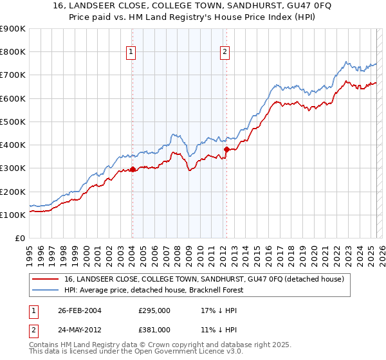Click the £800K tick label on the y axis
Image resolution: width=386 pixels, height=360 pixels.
point(13,51)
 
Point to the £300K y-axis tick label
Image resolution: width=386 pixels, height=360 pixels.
point(13,168)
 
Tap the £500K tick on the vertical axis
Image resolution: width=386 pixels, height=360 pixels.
point(13,122)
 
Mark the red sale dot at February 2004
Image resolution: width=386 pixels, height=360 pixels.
point(133,170)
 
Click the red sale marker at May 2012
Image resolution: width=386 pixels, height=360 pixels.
point(226,149)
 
